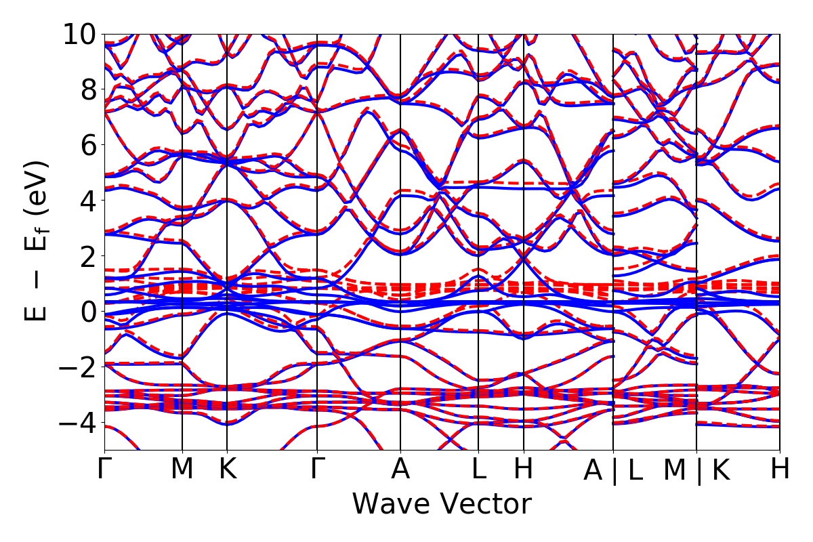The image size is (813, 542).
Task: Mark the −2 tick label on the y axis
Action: click(75, 367)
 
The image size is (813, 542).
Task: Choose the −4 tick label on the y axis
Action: click(75, 423)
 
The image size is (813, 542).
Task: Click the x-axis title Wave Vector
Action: click(441, 505)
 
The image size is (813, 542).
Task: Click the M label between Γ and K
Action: click(182, 469)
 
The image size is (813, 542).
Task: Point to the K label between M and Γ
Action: click(227, 469)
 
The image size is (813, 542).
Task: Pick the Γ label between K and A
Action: click(317, 469)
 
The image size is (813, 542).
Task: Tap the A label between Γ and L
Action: click(400, 469)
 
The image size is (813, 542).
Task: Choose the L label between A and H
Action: click(478, 469)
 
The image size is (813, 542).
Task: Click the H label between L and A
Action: click(524, 469)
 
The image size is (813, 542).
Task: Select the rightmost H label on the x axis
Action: click(780, 469)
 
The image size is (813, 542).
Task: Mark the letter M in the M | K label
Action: click(675, 470)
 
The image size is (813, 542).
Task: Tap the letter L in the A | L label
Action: click(635, 470)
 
